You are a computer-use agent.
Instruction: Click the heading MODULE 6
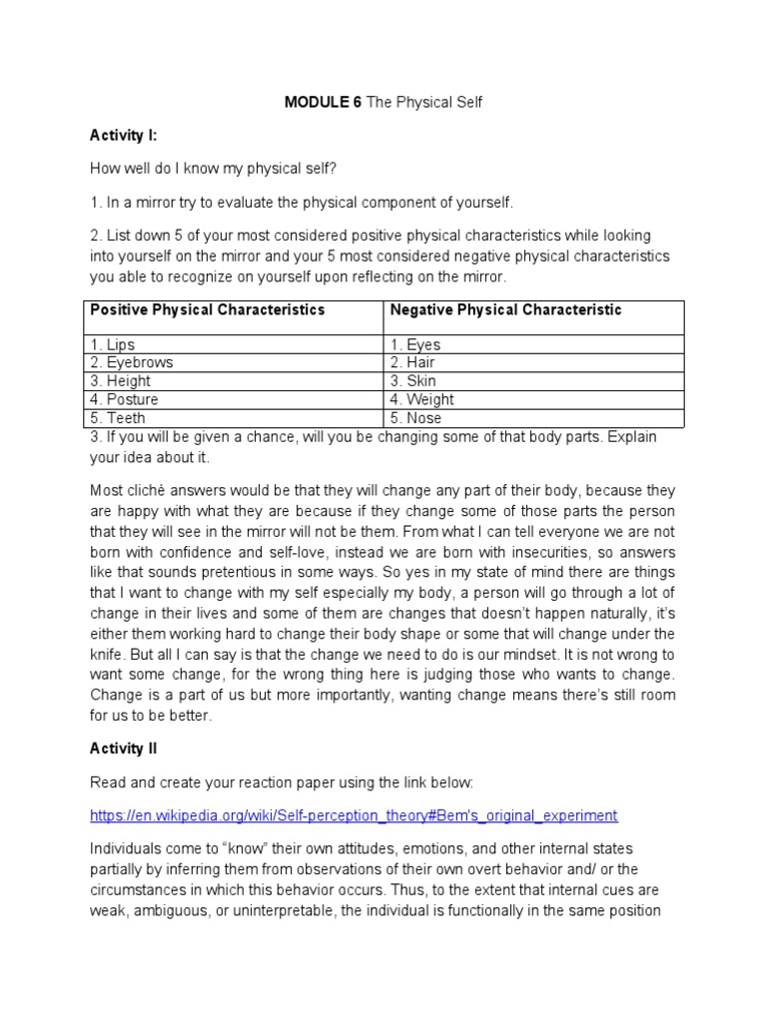(x=323, y=103)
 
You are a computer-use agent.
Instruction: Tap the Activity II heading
(x=124, y=748)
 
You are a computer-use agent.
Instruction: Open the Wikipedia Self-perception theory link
(x=354, y=815)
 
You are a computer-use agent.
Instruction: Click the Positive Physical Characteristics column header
(x=208, y=310)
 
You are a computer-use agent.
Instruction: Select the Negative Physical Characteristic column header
(x=505, y=310)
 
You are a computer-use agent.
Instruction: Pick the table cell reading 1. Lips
(x=113, y=345)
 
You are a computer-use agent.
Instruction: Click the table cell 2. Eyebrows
(x=132, y=363)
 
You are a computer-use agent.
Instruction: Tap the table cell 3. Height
(x=121, y=381)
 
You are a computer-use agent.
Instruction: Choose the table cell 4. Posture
(x=125, y=399)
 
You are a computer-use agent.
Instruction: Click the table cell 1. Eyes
(x=415, y=345)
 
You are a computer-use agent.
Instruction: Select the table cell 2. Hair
(x=412, y=363)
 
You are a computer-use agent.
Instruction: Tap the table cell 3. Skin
(x=413, y=381)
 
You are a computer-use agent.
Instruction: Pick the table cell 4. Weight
(x=421, y=399)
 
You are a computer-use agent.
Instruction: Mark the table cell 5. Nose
(x=415, y=418)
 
